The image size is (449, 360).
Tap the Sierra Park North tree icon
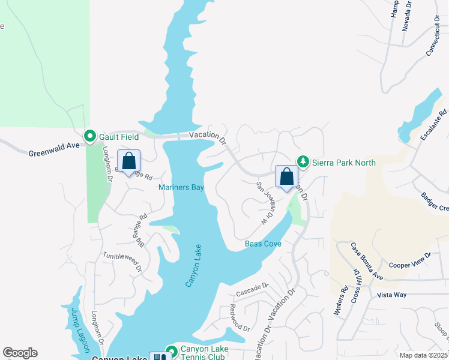coord(304,162)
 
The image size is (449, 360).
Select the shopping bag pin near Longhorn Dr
coord(128,161)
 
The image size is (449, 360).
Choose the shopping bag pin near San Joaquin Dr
coord(286,177)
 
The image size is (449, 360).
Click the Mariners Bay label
coord(181,188)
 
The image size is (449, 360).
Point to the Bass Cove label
coord(263,244)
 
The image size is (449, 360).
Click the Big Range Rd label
coord(139,230)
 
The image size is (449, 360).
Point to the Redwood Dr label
coord(239,318)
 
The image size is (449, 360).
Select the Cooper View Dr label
coord(410,260)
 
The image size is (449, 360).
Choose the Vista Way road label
coord(391,295)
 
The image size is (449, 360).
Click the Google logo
coord(20,353)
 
